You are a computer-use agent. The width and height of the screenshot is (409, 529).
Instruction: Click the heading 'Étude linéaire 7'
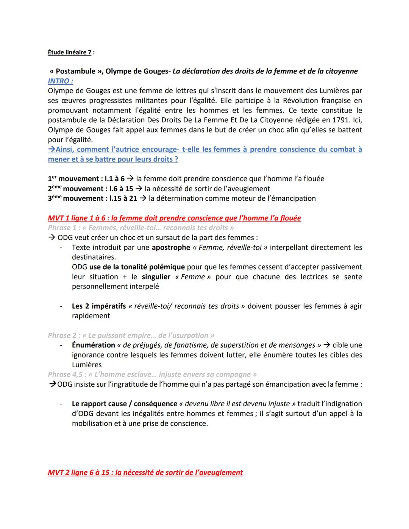(70, 53)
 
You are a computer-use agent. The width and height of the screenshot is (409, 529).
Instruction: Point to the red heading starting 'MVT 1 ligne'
(174, 218)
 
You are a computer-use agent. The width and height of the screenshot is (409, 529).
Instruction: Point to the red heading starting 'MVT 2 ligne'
(145, 473)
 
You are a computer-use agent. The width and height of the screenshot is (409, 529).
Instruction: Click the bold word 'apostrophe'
(171, 248)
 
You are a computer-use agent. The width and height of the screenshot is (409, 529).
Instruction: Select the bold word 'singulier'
(156, 277)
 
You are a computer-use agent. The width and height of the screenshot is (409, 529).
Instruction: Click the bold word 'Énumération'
(93, 345)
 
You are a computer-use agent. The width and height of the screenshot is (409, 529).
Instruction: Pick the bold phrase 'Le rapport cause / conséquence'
(124, 404)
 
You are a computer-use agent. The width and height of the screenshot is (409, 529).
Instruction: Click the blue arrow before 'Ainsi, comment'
(52, 150)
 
